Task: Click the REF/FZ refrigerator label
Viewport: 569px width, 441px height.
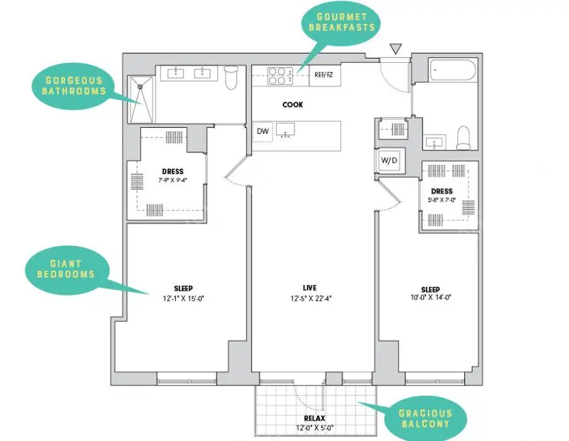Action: coord(324,75)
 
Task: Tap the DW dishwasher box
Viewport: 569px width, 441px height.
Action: coord(262,131)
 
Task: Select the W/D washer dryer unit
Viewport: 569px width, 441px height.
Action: coord(390,160)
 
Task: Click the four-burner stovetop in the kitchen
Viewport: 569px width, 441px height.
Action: coord(280,76)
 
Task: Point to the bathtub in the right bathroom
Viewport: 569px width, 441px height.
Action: coord(452,70)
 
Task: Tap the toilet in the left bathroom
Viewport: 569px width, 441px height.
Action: coord(231,77)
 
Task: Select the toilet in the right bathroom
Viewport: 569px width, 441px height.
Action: coord(464,137)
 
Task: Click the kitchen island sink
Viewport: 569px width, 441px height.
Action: coord(286,131)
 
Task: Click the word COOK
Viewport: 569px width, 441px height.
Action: coord(292,105)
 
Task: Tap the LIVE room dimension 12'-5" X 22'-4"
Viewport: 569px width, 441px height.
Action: coord(311,299)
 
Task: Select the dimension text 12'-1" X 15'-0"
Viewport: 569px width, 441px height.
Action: coord(184,299)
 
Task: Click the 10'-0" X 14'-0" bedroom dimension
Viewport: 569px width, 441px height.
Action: coord(431,297)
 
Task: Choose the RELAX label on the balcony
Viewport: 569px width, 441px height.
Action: coord(314,418)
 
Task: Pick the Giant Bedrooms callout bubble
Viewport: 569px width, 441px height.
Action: coord(66,269)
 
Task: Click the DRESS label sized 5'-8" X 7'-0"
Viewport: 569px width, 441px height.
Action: coord(442,191)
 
